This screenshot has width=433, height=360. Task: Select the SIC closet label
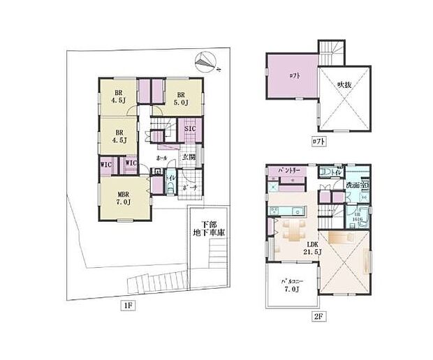pyautogui.click(x=190, y=129)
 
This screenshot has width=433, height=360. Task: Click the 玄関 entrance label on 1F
pyautogui.click(x=189, y=158)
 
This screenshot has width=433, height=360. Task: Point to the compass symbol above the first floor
pyautogui.click(x=205, y=63)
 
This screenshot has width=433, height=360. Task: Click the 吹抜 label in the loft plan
pyautogui.click(x=344, y=85)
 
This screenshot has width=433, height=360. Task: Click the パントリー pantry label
pyautogui.click(x=289, y=170)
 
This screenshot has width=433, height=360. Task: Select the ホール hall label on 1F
pyautogui.click(x=161, y=159)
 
